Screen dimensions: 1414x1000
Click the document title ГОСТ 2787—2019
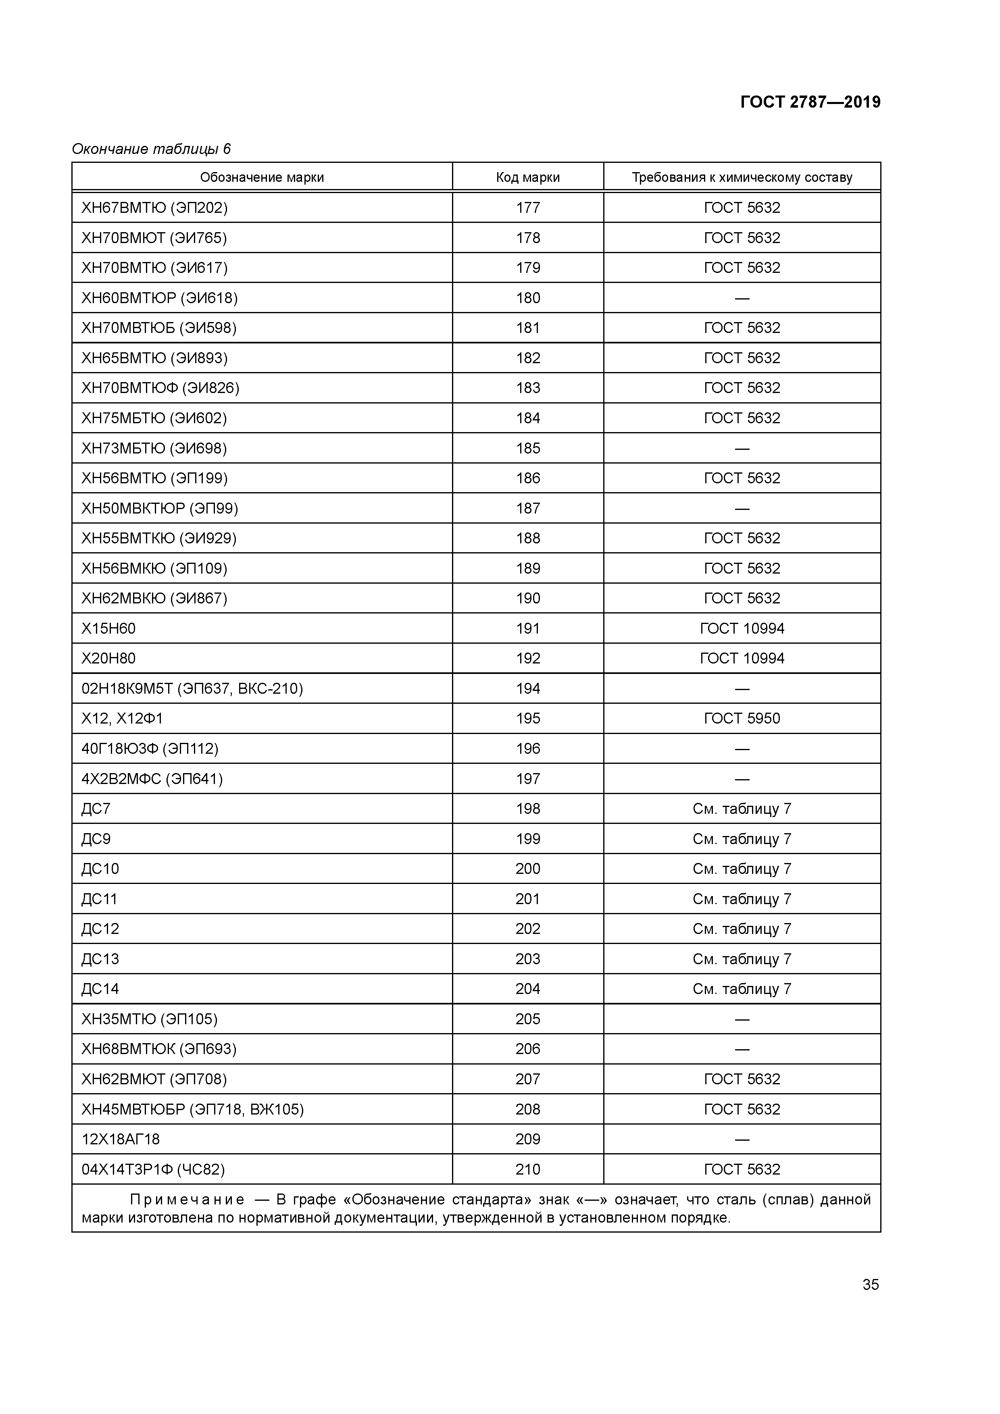tap(810, 102)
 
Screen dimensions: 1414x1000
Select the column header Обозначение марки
tap(262, 177)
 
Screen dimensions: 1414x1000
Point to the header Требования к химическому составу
tap(742, 177)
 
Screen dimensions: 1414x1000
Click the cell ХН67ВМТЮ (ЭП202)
tap(155, 208)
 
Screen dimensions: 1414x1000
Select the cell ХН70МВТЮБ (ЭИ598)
tap(159, 328)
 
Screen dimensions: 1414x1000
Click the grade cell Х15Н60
tap(108, 628)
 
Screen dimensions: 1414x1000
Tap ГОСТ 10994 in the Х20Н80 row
tap(742, 658)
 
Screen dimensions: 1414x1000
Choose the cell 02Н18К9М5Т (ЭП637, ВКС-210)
tap(192, 688)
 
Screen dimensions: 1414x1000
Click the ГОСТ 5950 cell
tap(742, 719)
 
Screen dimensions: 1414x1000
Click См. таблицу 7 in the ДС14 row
tap(742, 989)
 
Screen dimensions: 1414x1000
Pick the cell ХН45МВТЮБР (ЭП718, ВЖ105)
tap(193, 1110)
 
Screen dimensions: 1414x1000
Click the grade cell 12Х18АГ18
tap(121, 1140)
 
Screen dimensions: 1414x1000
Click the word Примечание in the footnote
tap(187, 1200)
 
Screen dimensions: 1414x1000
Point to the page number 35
tap(870, 1284)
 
